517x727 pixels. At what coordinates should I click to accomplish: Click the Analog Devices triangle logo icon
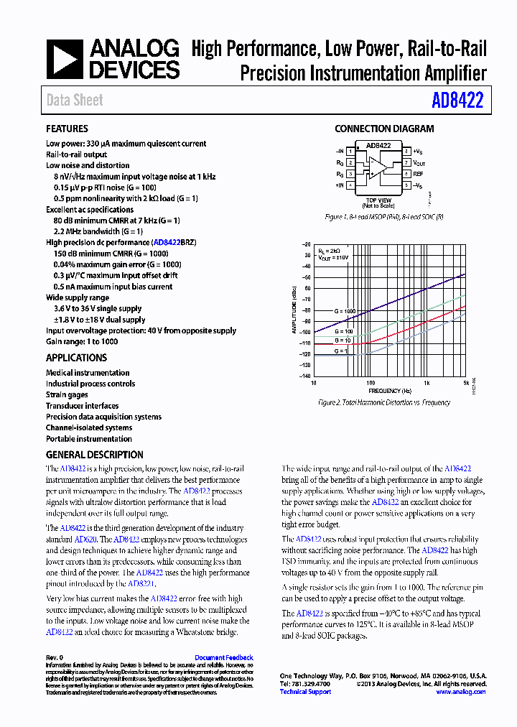65,58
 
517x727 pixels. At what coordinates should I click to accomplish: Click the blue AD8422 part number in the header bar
457,101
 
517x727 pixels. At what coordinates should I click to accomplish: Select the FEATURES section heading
67,129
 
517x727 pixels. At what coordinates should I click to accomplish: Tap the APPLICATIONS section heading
76,358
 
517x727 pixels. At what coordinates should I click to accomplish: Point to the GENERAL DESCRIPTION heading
94,455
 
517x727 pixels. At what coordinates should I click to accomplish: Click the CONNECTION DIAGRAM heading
384,129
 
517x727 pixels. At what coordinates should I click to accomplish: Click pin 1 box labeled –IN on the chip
350,152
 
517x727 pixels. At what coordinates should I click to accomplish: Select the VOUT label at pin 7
419,163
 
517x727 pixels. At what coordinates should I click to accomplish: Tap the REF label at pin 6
418,175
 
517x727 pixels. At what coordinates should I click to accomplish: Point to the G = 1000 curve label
344,311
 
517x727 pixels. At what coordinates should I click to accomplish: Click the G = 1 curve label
340,350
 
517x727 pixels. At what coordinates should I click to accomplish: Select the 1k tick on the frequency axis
426,383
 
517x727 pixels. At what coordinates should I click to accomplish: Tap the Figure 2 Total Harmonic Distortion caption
384,404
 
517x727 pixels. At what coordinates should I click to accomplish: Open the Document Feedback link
223,657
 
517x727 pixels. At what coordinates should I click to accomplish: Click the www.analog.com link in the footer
461,692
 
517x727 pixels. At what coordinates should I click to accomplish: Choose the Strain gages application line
67,394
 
